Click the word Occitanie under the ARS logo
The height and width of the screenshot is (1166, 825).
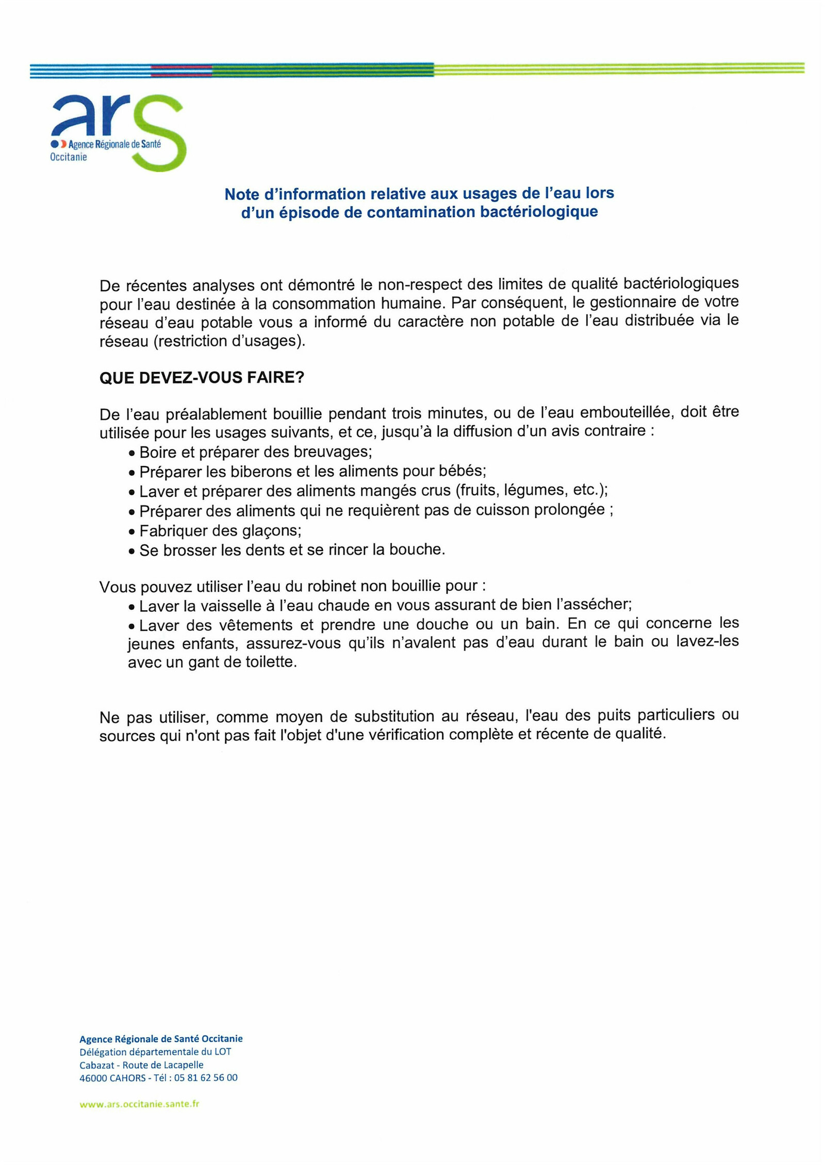[x=69, y=157]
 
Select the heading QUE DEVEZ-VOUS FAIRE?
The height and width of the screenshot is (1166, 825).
[x=202, y=378]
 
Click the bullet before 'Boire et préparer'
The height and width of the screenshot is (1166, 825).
[x=132, y=454]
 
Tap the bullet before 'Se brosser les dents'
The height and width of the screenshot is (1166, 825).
[x=132, y=552]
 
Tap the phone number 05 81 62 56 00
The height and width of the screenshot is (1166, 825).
[x=206, y=1077]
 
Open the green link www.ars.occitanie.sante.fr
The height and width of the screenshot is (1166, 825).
[x=139, y=1104]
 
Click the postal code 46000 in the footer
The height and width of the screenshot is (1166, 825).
[x=93, y=1077]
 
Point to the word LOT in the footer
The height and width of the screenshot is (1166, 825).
[x=223, y=1052]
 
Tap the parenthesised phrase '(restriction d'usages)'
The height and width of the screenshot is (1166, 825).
[x=229, y=341]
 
